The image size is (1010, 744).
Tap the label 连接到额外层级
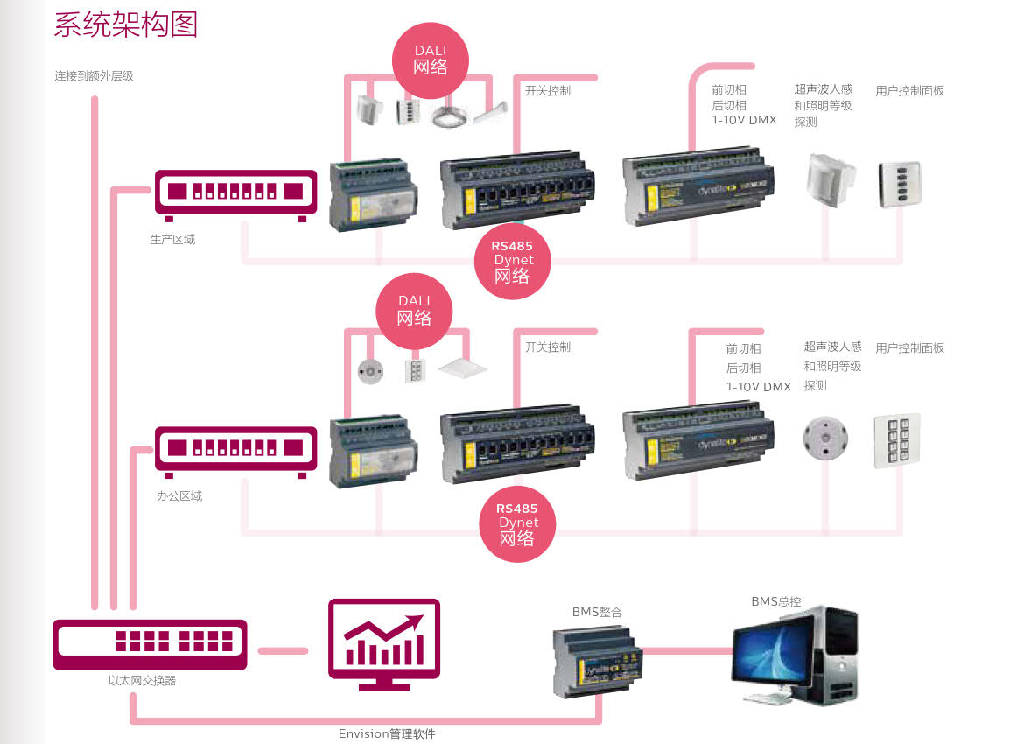[95, 76]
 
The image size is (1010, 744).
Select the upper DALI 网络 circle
[430, 60]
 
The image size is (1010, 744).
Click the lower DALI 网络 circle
[414, 311]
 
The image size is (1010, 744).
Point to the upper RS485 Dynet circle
[513, 261]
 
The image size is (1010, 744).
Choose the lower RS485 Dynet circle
[517, 523]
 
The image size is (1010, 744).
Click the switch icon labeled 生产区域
[235, 193]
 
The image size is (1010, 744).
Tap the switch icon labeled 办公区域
[235, 450]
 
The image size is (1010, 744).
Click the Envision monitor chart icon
[383, 640]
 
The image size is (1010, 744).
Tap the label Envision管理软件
[387, 733]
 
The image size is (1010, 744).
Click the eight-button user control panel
[896, 440]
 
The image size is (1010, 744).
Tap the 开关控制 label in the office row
[548, 347]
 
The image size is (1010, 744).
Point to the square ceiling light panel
[461, 367]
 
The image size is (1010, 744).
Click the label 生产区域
[172, 239]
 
